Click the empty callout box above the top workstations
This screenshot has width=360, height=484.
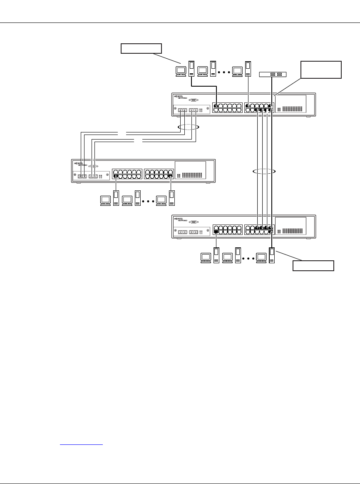(140, 48)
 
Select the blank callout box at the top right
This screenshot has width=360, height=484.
(321, 70)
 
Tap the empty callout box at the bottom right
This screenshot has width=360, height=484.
(313, 266)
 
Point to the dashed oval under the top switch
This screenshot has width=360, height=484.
(188, 127)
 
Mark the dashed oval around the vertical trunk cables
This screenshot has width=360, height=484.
(264, 171)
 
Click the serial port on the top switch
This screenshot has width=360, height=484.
(193, 101)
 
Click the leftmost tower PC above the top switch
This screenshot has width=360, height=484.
(191, 69)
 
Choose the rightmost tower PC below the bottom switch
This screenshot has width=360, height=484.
(273, 255)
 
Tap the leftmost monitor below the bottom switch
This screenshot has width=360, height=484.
(206, 257)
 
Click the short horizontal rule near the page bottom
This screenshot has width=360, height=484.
(82, 444)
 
